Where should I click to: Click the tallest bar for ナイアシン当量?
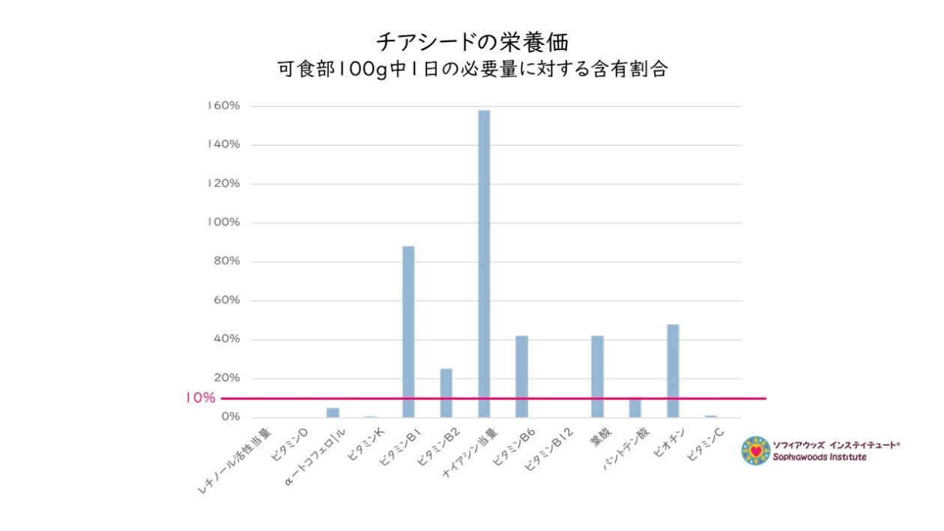484,262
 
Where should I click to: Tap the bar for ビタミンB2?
446,392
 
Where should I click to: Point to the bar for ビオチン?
673,370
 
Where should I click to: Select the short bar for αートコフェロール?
333,413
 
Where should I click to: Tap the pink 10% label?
200,398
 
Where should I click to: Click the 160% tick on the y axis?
224,106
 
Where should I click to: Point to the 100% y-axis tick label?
224,222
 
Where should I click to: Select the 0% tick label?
229,416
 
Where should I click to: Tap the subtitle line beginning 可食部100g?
472,70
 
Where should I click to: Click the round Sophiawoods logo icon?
755,451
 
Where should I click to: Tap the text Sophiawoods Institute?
820,457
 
